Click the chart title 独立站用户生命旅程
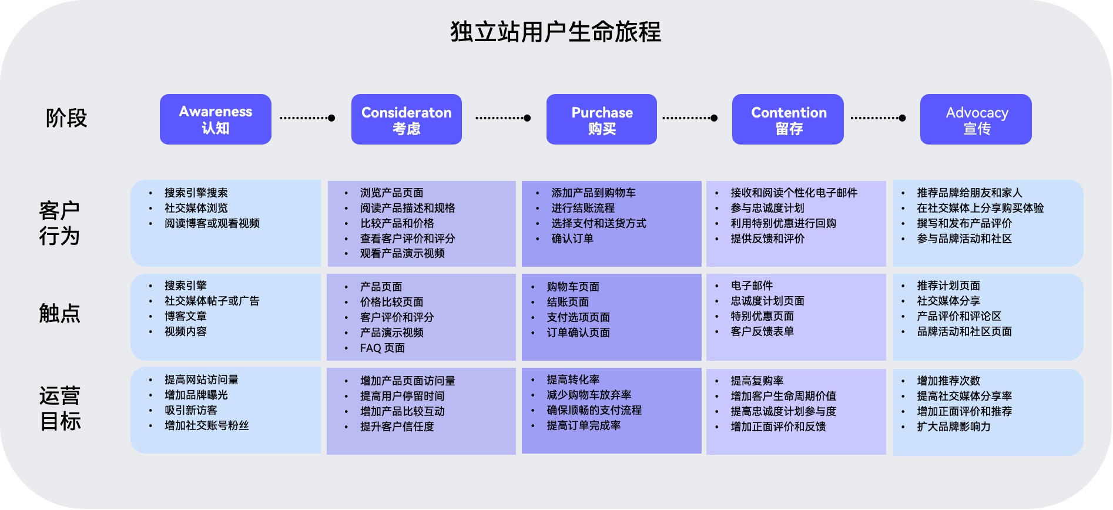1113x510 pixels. [x=555, y=32]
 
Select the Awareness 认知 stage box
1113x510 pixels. [x=215, y=119]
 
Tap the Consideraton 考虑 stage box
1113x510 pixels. [x=406, y=119]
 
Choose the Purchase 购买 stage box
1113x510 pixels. [x=601, y=119]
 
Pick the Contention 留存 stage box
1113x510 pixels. [x=787, y=119]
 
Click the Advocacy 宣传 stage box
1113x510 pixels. [x=975, y=119]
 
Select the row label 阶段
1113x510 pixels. [x=66, y=118]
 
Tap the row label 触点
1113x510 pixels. [x=59, y=313]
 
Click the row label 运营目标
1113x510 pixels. [x=59, y=408]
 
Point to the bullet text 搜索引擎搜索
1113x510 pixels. [x=196, y=193]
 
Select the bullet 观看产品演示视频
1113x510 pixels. [x=402, y=253]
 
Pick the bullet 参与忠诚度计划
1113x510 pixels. [x=767, y=208]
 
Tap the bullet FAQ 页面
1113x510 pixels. [x=382, y=348]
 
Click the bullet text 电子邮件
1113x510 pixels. [x=752, y=286]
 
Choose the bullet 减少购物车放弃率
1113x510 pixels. [x=589, y=395]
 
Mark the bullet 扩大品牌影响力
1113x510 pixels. [x=953, y=427]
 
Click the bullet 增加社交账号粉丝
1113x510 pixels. [x=206, y=425]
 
